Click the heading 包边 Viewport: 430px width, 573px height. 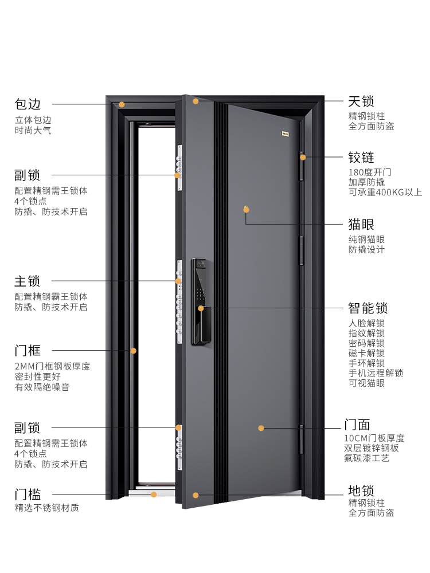coord(28,104)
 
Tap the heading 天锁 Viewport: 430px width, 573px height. coord(361,101)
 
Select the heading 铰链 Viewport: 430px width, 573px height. coord(361,157)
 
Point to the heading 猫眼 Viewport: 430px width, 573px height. coord(361,223)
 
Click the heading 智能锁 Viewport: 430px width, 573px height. coord(368,308)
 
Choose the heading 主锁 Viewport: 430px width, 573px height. coord(28,281)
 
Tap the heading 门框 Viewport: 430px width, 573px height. coord(28,350)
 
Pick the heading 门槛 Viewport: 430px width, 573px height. coord(28,494)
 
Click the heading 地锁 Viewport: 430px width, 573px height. coord(361,490)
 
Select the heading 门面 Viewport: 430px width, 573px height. coord(357,425)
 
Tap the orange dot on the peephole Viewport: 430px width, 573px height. coord(246,209)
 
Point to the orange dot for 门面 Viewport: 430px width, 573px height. coord(261,428)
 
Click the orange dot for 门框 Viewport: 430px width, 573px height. coord(133,351)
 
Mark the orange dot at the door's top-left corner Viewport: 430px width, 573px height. coord(196,101)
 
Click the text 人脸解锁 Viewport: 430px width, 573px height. coord(366,323)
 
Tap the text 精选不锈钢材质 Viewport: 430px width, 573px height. coord(47,508)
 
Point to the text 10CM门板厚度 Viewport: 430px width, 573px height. coord(374,438)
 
